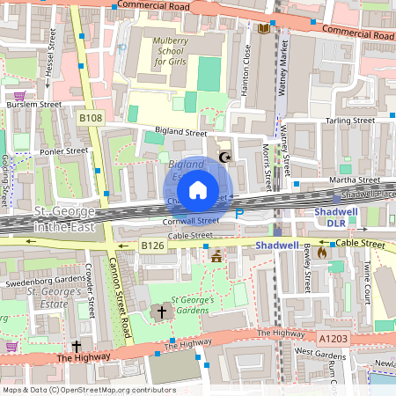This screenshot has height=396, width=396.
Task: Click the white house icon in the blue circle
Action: coord(198,189)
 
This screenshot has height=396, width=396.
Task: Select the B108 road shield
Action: coord(91,117)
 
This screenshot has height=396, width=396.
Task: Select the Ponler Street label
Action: coord(65,150)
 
